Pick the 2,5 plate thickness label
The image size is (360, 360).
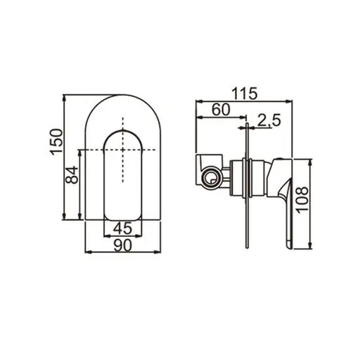pos(269,122)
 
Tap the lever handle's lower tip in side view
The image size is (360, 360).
pos(288,245)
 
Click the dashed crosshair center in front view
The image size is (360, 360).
pos(124,150)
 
